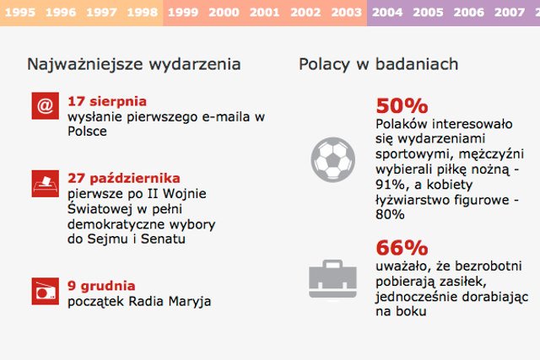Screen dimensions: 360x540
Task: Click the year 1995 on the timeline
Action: click(x=19, y=13)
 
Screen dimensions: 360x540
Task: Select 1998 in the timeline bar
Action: click(x=141, y=13)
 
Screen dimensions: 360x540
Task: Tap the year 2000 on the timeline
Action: click(x=224, y=13)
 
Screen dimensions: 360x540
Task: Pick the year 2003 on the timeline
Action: click(x=347, y=13)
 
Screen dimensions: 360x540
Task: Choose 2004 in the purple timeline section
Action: click(x=386, y=13)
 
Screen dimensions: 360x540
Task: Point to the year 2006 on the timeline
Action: click(x=468, y=13)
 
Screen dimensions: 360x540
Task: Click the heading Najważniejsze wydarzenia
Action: click(x=134, y=65)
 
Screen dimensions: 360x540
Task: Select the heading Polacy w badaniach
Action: click(x=379, y=65)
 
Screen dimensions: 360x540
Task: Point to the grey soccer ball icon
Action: click(x=332, y=158)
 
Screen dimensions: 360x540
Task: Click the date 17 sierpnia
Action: click(x=107, y=101)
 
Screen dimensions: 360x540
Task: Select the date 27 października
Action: click(x=124, y=178)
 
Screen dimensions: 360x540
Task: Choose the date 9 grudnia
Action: click(x=101, y=286)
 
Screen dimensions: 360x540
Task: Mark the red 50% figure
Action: click(x=402, y=106)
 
